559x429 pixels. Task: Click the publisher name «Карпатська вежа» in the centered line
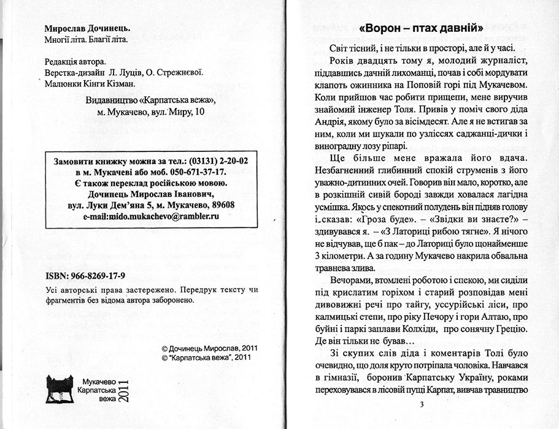[174, 101]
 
